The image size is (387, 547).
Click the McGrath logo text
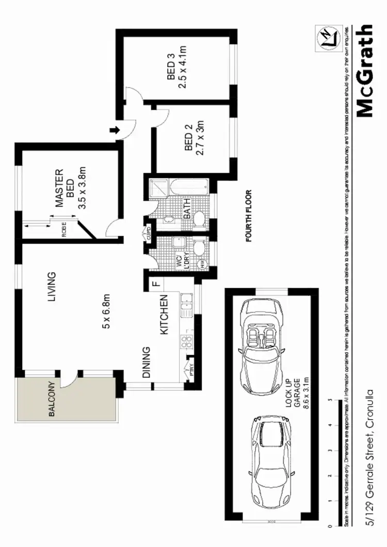point(365,71)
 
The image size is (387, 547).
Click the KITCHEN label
point(165,314)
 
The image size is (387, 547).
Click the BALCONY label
point(51,399)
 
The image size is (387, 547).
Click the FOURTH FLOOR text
point(249,216)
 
